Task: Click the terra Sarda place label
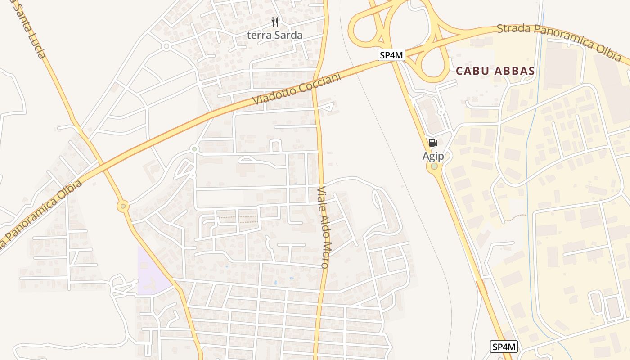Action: coord(275,35)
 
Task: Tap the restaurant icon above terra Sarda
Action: coord(275,22)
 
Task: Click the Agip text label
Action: coord(433,156)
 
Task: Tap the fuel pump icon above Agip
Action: coord(433,143)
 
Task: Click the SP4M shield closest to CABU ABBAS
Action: coord(391,55)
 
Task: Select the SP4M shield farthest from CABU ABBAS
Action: coord(504,346)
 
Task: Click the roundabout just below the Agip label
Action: coord(434,166)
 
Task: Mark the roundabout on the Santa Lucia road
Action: coord(122,207)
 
